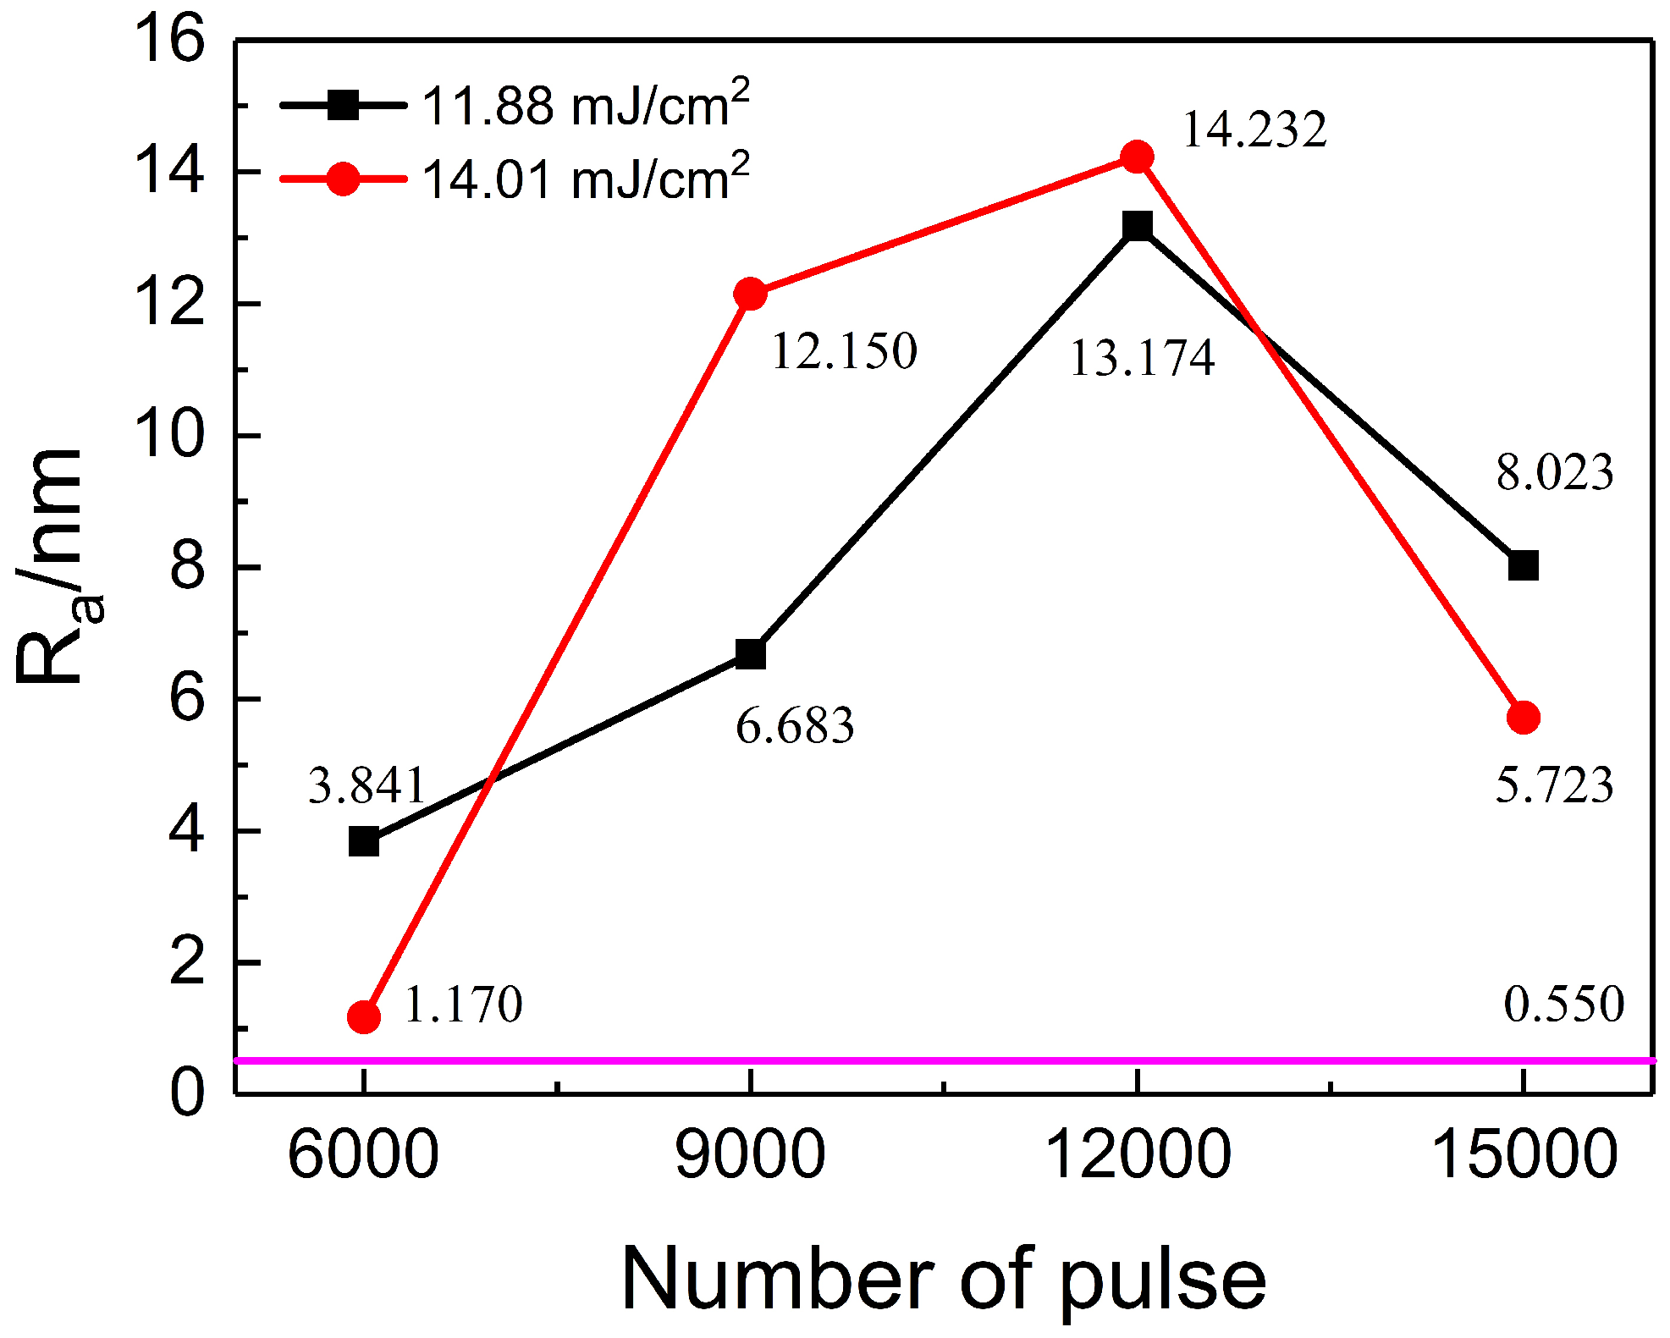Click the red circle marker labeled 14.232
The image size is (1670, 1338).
pos(1137,157)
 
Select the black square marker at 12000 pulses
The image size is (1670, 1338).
pos(1137,226)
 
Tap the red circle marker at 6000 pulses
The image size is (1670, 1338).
pos(364,1016)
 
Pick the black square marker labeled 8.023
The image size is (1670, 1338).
pos(1523,565)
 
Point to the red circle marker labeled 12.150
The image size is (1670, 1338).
pos(750,294)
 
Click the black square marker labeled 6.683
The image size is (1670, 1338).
pos(750,654)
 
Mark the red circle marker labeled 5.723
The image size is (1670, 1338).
pos(1523,718)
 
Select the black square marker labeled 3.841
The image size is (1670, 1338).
pos(364,842)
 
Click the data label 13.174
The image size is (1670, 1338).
pos(1142,358)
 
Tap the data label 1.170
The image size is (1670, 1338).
pos(462,1005)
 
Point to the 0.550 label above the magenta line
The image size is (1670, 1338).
pos(1563,1005)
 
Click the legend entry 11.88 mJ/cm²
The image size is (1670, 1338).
pos(584,106)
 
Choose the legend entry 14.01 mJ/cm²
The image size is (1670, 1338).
pos(584,179)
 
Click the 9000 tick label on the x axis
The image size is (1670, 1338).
pos(750,1154)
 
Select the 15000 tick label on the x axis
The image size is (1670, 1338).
pos(1523,1154)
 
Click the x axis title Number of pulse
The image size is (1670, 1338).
pos(943,1280)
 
